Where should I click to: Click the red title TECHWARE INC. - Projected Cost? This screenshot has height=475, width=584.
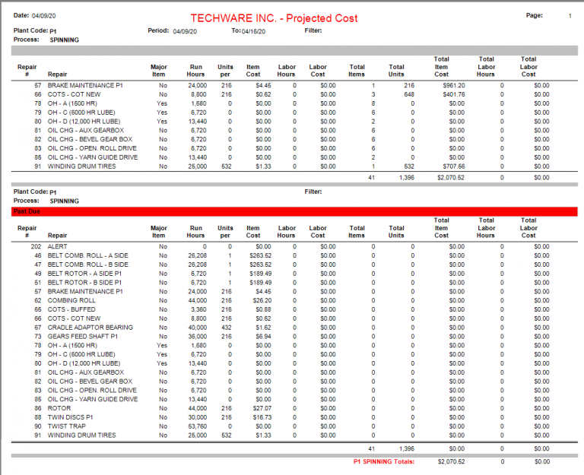(274, 18)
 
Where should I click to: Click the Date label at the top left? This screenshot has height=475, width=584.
(21, 15)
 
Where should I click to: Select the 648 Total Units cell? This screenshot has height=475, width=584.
(409, 94)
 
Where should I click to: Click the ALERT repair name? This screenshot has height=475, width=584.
(58, 246)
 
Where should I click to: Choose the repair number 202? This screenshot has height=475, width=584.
(36, 246)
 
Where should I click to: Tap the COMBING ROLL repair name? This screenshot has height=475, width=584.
(71, 300)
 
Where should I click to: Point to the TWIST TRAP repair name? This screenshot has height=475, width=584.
(67, 426)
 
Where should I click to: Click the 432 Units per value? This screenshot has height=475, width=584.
(225, 328)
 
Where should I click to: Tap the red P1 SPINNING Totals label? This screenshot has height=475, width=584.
(383, 461)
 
